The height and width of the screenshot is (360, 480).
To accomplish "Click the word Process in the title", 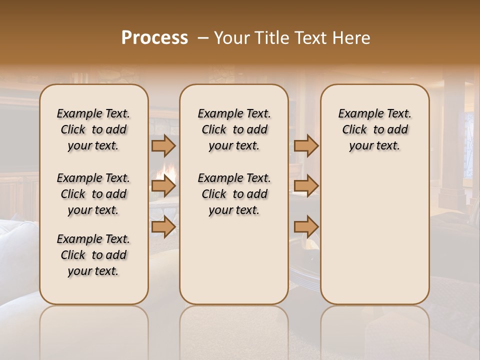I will [154, 38].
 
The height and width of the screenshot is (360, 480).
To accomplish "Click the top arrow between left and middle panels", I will [163, 145].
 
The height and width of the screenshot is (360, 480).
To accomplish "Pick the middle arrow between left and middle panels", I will [163, 186].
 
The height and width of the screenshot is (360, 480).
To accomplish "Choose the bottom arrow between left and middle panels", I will [163, 226].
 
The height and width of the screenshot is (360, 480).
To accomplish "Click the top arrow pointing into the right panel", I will [306, 145].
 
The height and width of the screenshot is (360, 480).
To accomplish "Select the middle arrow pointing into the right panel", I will [306, 186].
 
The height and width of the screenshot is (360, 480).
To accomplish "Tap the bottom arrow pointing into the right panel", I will [306, 226].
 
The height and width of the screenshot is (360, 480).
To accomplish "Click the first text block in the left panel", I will [93, 129].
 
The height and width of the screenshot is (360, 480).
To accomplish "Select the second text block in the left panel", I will [93, 194].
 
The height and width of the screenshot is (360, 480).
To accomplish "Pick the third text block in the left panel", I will [93, 255].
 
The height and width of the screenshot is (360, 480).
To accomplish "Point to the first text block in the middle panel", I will [234, 129].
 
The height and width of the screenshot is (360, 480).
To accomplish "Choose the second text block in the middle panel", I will [234, 194].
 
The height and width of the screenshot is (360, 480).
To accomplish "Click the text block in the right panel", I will [374, 129].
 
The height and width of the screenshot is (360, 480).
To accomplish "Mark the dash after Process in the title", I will [203, 38].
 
